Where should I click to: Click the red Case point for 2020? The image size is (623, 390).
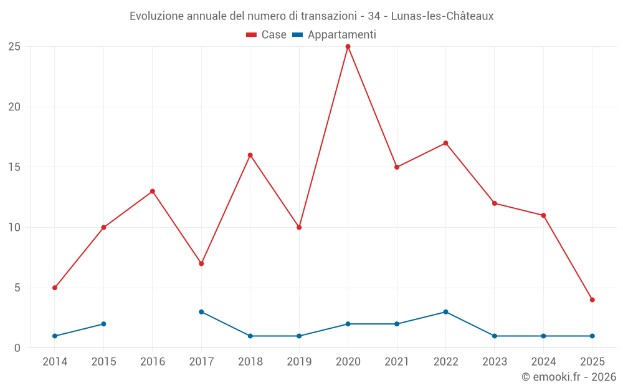pos(348,46)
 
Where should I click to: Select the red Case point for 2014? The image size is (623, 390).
pos(55,288)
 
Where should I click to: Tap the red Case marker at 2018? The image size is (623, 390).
pos(250,155)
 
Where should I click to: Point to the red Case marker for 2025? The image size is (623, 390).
pos(592,300)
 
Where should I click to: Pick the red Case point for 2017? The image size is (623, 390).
pos(201,263)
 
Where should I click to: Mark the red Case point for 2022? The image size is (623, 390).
pos(445,143)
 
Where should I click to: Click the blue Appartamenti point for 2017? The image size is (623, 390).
pos(201,312)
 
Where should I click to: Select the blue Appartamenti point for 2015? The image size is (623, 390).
pos(103,324)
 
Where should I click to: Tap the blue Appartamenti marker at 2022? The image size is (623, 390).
pos(445,312)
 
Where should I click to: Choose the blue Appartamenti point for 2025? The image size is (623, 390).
pos(592,336)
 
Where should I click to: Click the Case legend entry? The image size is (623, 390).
pos(266,35)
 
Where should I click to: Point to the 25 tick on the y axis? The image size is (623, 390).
pos(14,47)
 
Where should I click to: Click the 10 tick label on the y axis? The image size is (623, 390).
pos(14,227)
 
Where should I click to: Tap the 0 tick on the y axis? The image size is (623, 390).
pos(17,348)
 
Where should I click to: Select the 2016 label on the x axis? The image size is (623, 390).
pos(153,362)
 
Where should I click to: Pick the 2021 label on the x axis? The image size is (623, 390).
pos(397,362)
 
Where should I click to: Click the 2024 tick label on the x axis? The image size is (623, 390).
pos(543,362)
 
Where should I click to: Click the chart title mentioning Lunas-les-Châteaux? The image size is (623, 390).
pos(311,16)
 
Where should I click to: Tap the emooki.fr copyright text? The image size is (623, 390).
pos(568,377)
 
